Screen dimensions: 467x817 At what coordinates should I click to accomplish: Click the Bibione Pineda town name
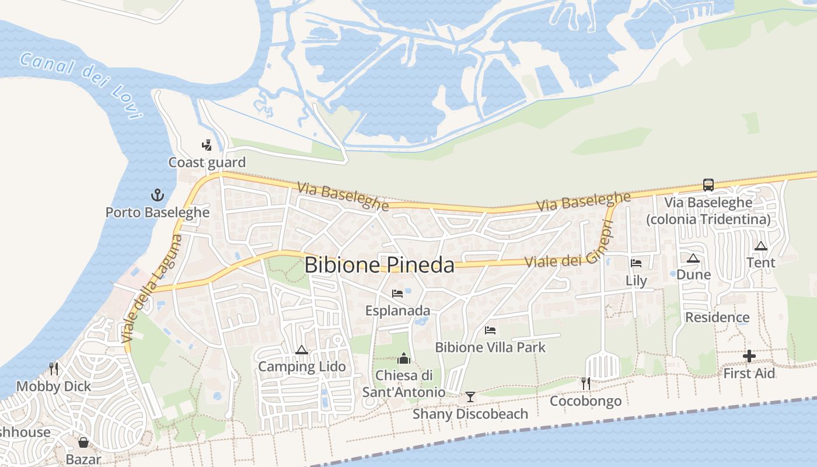pyautogui.click(x=379, y=265)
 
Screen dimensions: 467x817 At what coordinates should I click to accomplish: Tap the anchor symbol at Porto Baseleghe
pyautogui.click(x=158, y=194)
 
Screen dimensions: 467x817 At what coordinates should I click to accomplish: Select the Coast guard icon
pyautogui.click(x=207, y=145)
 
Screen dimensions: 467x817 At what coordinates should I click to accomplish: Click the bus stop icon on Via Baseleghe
pyautogui.click(x=708, y=185)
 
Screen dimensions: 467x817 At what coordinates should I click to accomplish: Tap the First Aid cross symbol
pyautogui.click(x=749, y=356)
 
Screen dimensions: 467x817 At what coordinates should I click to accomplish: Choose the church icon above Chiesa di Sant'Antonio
pyautogui.click(x=404, y=358)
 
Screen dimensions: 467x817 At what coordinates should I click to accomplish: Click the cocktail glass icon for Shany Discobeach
pyautogui.click(x=470, y=397)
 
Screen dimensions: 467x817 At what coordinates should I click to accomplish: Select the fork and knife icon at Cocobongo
pyautogui.click(x=586, y=383)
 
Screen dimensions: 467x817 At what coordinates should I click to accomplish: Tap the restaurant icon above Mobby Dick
pyautogui.click(x=54, y=368)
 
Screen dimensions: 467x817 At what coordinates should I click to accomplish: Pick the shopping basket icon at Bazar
pyautogui.click(x=83, y=442)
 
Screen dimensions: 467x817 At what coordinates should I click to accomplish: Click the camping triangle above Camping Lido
pyautogui.click(x=302, y=350)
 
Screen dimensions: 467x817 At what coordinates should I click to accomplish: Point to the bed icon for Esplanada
pyautogui.click(x=397, y=293)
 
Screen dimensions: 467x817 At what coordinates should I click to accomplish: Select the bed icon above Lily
pyautogui.click(x=636, y=263)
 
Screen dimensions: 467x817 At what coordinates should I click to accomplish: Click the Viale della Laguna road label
pyautogui.click(x=152, y=288)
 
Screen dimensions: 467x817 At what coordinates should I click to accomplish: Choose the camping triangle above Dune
pyautogui.click(x=693, y=258)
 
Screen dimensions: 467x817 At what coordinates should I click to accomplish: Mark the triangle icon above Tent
pyautogui.click(x=760, y=246)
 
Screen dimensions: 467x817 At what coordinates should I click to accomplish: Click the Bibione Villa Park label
pyautogui.click(x=490, y=347)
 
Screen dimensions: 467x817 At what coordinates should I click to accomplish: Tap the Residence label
pyautogui.click(x=717, y=318)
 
